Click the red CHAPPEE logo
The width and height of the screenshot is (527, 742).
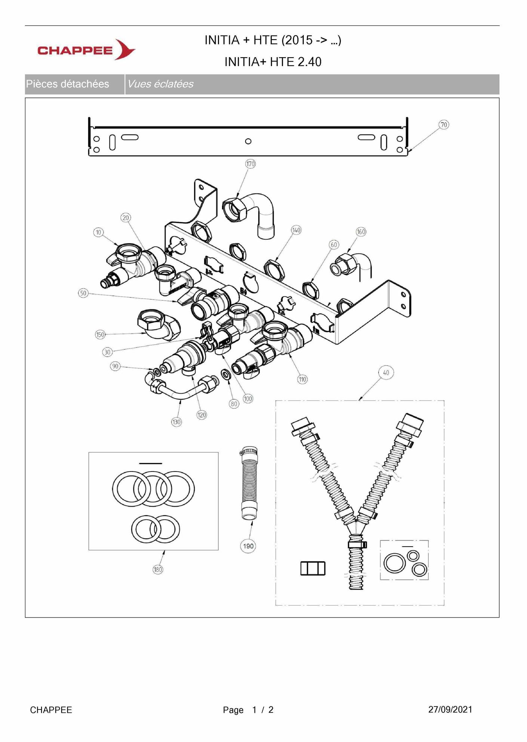tap(86, 50)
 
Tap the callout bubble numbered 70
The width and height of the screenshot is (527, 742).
tap(444, 125)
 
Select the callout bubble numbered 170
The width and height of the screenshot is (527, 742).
tap(250, 164)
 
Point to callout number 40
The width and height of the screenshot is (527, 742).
tap(386, 372)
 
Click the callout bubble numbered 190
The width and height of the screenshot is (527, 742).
tap(248, 546)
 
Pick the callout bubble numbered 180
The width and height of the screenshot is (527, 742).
tap(158, 569)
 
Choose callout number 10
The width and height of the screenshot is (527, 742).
tap(98, 232)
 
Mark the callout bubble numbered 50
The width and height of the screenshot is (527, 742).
tap(83, 293)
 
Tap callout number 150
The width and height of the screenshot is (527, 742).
tap(100, 334)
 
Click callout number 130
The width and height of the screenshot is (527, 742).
tap(176, 422)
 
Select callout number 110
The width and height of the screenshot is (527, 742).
tap(302, 380)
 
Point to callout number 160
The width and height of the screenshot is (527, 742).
tap(361, 232)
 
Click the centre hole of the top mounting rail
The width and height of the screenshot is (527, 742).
tap(248, 141)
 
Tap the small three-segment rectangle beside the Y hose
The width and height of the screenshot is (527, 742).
tap(313, 568)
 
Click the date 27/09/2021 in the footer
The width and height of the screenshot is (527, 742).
tap(450, 709)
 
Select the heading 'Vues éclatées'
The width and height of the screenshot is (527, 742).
tap(160, 84)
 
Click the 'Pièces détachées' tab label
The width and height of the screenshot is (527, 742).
tap(68, 84)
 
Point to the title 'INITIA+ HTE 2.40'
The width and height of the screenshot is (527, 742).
tap(273, 62)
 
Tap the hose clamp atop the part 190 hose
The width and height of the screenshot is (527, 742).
tap(249, 453)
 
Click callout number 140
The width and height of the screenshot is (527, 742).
tap(296, 230)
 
